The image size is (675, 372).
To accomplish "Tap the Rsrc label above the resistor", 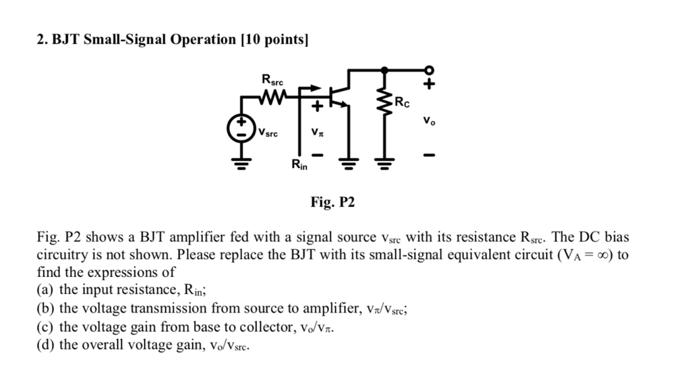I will (x=273, y=80).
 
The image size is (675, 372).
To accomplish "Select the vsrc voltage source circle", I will (x=241, y=128).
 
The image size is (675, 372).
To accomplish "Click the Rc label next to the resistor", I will (x=402, y=102).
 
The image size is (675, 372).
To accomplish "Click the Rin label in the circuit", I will (x=300, y=166).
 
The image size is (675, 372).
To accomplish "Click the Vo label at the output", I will (x=428, y=121).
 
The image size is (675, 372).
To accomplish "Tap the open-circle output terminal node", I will (x=429, y=69).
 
